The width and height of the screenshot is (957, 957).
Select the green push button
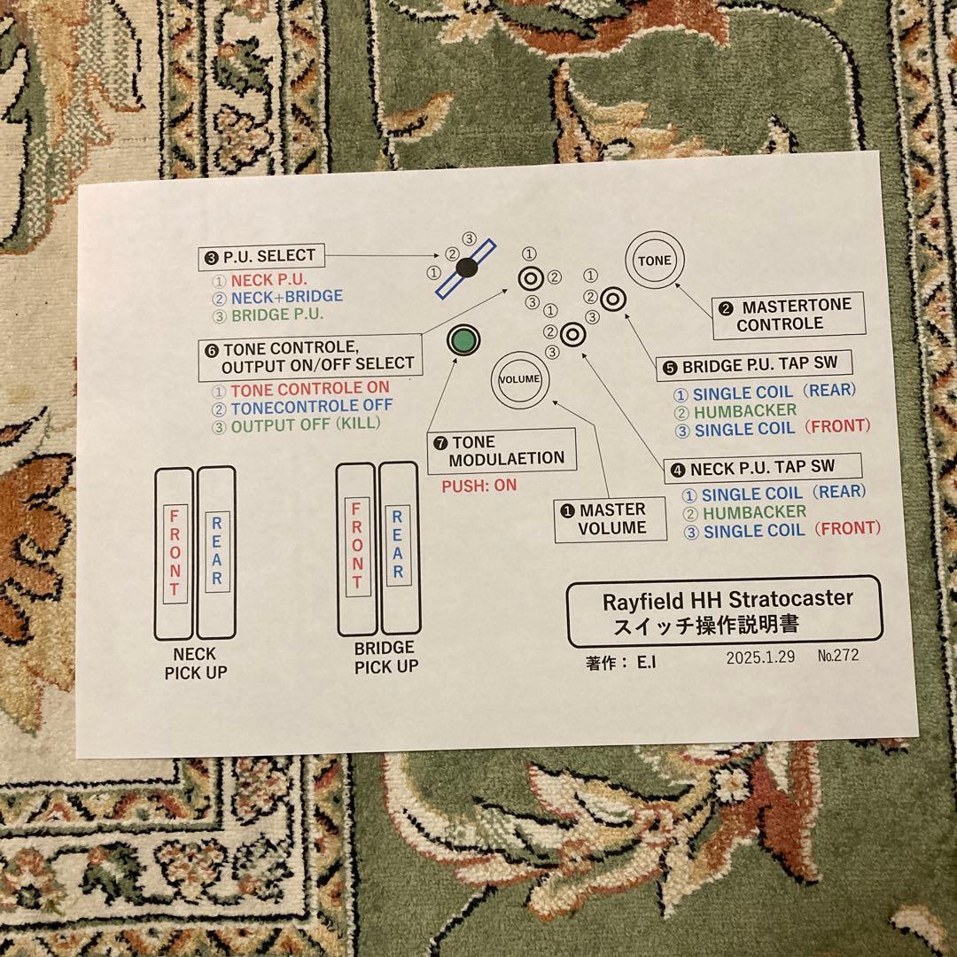[463, 340]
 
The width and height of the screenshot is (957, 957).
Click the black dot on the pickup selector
[467, 267]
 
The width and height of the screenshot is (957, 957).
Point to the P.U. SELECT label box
[261, 256]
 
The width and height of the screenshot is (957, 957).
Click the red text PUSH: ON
[479, 486]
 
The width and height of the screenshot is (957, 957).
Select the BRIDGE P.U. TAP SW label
[754, 366]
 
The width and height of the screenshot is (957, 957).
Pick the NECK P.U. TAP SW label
[763, 468]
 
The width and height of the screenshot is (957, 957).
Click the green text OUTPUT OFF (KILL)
[305, 424]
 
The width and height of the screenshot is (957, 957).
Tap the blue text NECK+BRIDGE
[287, 297]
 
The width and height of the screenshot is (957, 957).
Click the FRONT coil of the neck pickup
[174, 554]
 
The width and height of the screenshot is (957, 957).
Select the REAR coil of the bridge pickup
[400, 549]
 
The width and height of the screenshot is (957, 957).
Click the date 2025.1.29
[760, 657]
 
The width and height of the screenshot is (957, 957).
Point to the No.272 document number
[838, 656]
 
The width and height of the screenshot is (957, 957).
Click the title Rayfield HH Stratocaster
[727, 600]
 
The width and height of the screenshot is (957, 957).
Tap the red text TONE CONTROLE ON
[309, 389]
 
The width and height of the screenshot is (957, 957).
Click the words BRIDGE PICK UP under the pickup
[386, 657]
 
